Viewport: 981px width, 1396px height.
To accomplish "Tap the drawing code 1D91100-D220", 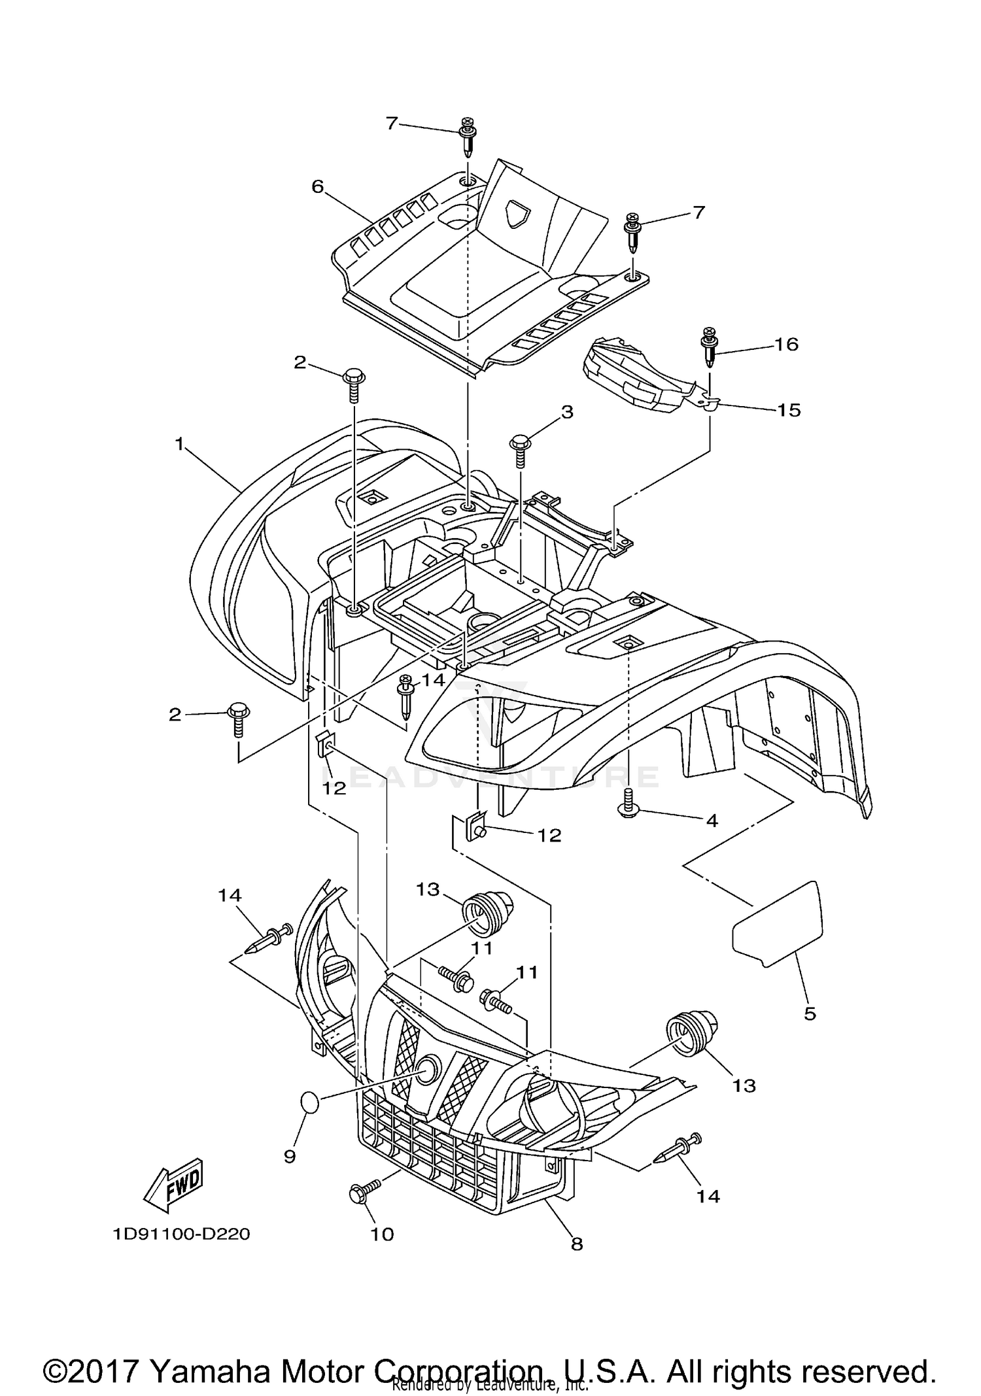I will (181, 1234).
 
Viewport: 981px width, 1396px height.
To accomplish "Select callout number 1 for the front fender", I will (179, 444).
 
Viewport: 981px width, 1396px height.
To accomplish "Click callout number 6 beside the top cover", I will (317, 187).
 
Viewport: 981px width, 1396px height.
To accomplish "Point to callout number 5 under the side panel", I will (810, 1013).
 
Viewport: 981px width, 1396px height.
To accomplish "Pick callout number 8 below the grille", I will (576, 1244).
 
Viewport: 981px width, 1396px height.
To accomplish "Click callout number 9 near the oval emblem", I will (290, 1157).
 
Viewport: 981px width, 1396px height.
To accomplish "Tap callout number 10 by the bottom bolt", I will (383, 1234).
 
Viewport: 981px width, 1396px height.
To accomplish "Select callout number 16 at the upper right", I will (787, 344).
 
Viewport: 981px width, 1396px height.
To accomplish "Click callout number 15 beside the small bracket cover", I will (789, 410).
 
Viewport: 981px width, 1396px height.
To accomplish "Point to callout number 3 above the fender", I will (566, 412).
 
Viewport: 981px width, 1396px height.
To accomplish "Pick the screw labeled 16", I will (710, 346).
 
